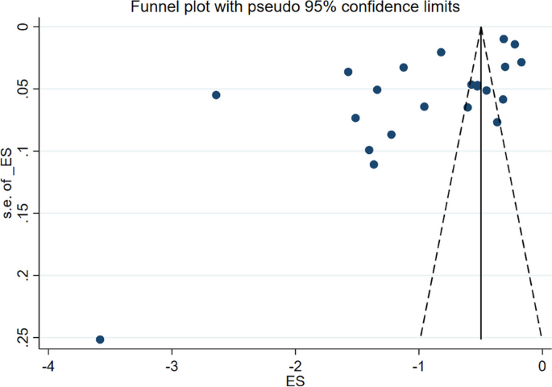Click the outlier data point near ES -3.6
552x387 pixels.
pyautogui.click(x=100, y=339)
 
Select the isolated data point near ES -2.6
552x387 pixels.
pyautogui.click(x=216, y=95)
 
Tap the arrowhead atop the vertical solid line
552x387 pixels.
pyautogui.click(x=481, y=31)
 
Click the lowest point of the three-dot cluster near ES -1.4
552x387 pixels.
pyautogui.click(x=374, y=164)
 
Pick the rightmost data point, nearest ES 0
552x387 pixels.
pyautogui.click(x=521, y=62)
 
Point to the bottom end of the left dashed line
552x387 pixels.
pyautogui.click(x=421, y=337)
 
